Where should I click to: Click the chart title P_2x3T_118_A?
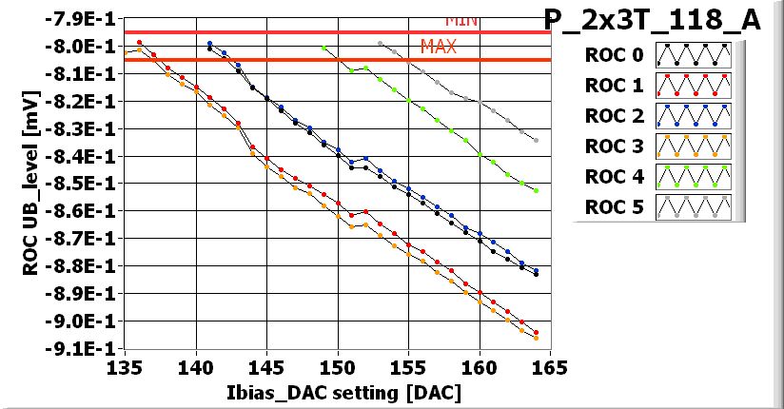click(x=652, y=21)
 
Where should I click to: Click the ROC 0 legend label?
click(x=614, y=55)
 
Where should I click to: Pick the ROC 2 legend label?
click(x=614, y=116)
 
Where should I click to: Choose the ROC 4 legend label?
click(x=614, y=177)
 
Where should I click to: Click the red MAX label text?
click(x=439, y=46)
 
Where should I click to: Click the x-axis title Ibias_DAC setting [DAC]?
click(x=337, y=392)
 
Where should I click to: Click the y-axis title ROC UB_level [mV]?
click(x=30, y=183)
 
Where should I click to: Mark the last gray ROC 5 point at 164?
click(x=537, y=141)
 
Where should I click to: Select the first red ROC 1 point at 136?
click(x=139, y=43)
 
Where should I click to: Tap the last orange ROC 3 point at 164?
click(x=537, y=338)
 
